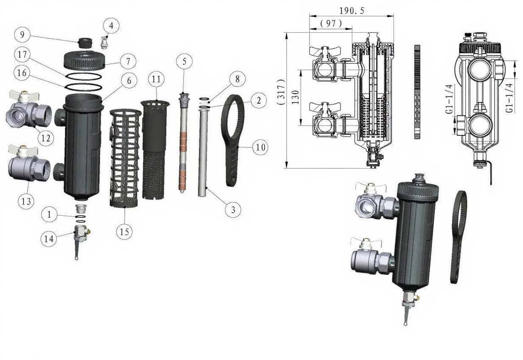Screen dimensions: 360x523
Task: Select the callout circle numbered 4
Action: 111,25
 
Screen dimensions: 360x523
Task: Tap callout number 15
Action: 125,231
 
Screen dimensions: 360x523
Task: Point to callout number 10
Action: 259,147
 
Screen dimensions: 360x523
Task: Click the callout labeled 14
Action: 49,239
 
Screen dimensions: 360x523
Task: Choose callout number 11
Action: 156,79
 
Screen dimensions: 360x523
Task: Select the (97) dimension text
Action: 331,24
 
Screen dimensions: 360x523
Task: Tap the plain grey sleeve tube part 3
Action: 203,153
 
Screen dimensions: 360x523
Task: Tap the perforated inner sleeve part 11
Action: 154,149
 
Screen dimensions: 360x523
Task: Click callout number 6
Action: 129,79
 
